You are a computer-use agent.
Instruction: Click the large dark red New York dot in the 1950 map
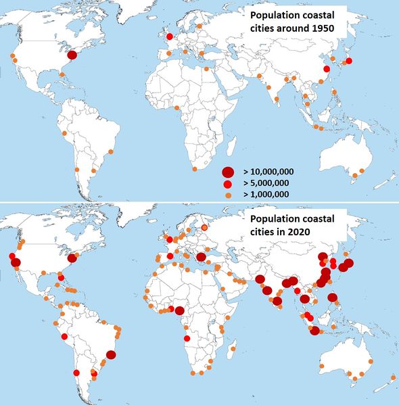[72, 55]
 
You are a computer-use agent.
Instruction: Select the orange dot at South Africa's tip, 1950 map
[195, 170]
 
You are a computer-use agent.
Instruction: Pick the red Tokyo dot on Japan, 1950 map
[350, 62]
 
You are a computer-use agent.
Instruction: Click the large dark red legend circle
[228, 172]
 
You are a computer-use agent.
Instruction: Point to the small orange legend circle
[228, 195]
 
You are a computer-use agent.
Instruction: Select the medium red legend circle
[228, 183]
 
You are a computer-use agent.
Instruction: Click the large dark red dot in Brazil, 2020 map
[111, 354]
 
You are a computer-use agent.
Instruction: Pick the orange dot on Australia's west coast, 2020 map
[323, 366]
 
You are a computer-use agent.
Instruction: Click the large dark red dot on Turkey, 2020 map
[201, 258]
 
